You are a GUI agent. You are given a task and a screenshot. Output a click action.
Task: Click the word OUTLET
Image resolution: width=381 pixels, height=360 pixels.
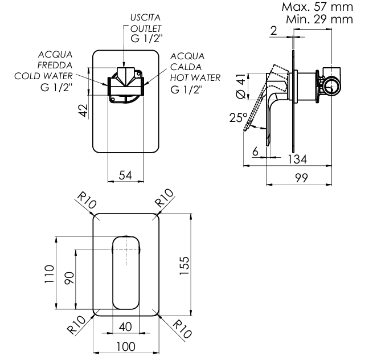click(146, 28)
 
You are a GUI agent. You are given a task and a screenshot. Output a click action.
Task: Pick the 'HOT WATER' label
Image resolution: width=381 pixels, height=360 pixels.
click(195, 78)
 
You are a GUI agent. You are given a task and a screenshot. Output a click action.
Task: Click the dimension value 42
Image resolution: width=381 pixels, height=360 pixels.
click(84, 111)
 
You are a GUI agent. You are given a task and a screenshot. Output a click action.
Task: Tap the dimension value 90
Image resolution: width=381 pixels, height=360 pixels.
click(68, 279)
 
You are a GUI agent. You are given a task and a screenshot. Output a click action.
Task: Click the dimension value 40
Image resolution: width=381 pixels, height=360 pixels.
click(126, 327)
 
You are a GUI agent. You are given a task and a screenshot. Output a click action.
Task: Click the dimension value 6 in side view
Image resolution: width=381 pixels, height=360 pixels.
click(255, 152)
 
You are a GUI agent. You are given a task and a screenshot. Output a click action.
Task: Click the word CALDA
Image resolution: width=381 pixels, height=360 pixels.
click(185, 67)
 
